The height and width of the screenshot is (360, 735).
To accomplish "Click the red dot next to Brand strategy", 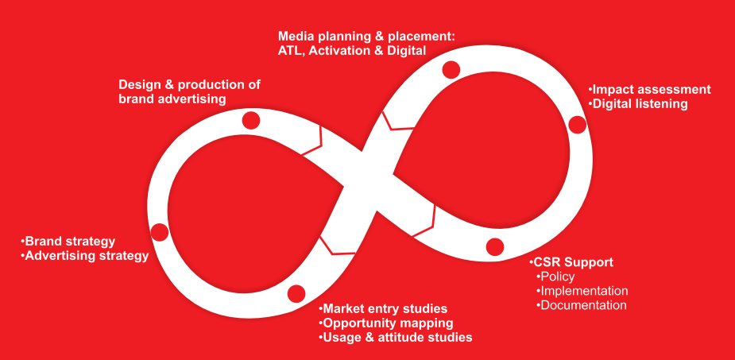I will coord(160,232).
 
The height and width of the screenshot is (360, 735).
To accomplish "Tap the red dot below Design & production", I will coord(251,120).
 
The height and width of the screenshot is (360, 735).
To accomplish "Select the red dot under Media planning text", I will coord(451,69).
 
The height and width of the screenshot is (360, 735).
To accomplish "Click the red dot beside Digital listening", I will coord(578,124).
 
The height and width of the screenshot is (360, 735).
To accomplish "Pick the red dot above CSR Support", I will coord(495,246).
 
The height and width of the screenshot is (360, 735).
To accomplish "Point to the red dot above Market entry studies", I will coord(296,292).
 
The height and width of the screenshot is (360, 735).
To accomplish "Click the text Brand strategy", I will coord(70,242).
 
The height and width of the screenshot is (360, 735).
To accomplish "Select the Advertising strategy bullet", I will coord(86,256).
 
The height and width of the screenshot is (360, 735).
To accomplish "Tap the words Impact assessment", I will coord(651,89).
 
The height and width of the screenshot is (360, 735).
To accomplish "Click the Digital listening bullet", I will coord(639,103).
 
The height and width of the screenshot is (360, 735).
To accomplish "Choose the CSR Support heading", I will coord(573,262).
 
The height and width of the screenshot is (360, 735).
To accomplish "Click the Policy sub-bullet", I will coord(556,277).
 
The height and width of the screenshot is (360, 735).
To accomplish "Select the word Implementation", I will coord(584,291).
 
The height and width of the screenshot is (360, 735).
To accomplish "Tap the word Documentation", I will coord(583,305).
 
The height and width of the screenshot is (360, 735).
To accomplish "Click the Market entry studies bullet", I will coord(385,308).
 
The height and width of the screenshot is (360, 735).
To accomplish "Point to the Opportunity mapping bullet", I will coord(388,323).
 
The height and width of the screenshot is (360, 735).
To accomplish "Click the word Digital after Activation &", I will coord(406,50).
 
